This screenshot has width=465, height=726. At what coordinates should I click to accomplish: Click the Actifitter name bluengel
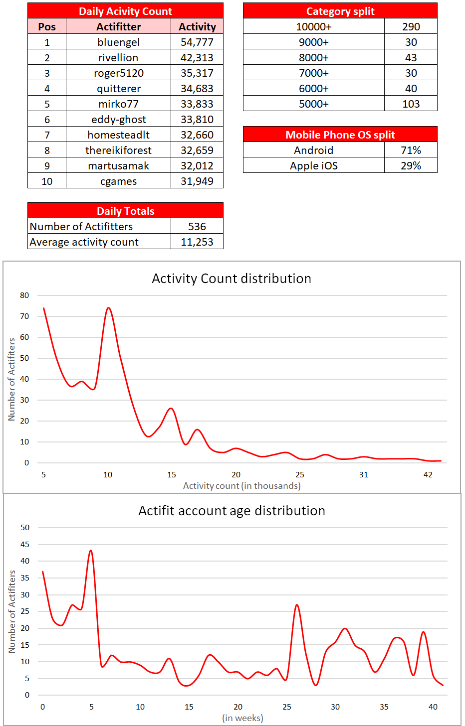point(118,42)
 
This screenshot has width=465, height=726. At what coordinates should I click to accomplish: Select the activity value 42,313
point(197,58)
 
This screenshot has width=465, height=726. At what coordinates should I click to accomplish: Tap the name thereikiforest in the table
point(118,150)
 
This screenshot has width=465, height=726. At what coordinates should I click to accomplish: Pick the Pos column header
point(47,27)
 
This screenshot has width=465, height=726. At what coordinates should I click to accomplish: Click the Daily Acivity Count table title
point(125,11)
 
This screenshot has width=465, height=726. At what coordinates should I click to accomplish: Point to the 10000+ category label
point(314,27)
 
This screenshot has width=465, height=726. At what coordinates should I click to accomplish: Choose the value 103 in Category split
point(411,104)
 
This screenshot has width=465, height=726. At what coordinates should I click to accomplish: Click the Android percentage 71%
point(411,150)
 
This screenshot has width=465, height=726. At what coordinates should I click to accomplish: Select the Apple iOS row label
point(314,166)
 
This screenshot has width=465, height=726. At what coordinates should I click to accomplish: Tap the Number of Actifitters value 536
point(197,227)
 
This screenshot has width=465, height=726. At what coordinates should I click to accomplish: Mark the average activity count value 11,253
point(197,242)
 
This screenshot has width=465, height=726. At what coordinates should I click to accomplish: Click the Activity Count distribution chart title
point(232,279)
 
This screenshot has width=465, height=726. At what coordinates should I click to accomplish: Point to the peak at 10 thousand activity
point(108,308)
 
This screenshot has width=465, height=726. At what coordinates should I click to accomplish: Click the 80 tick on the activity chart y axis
point(24,295)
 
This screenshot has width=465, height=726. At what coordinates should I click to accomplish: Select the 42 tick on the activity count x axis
point(428,475)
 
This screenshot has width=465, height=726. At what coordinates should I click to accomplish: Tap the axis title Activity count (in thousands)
point(241,486)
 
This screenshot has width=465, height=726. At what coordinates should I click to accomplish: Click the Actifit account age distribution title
point(232,511)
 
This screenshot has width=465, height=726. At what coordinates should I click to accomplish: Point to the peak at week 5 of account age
point(91,551)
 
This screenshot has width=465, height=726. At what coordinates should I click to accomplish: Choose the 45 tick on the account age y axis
point(24,545)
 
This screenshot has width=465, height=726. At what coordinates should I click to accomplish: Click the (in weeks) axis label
point(242,718)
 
